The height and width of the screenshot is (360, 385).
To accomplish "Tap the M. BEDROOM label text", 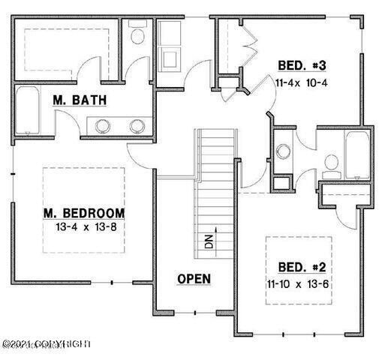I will pos(83,211).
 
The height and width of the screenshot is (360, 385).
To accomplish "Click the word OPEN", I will pos(194,278).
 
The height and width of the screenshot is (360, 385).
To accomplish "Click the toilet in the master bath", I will pos(138,34).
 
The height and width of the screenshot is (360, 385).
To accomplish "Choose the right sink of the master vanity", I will pos(137,126).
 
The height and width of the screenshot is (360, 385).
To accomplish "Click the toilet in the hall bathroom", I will pos(330,163).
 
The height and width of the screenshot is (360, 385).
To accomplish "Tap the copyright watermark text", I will pos(45,343).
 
